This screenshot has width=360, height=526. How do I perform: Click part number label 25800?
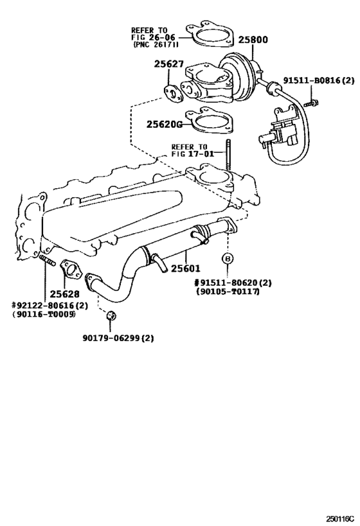point(253,40)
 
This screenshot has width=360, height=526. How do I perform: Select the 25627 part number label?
point(169,64)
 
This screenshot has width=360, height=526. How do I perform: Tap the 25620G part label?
point(165,124)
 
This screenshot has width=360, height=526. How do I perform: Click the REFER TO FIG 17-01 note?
point(189,150)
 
